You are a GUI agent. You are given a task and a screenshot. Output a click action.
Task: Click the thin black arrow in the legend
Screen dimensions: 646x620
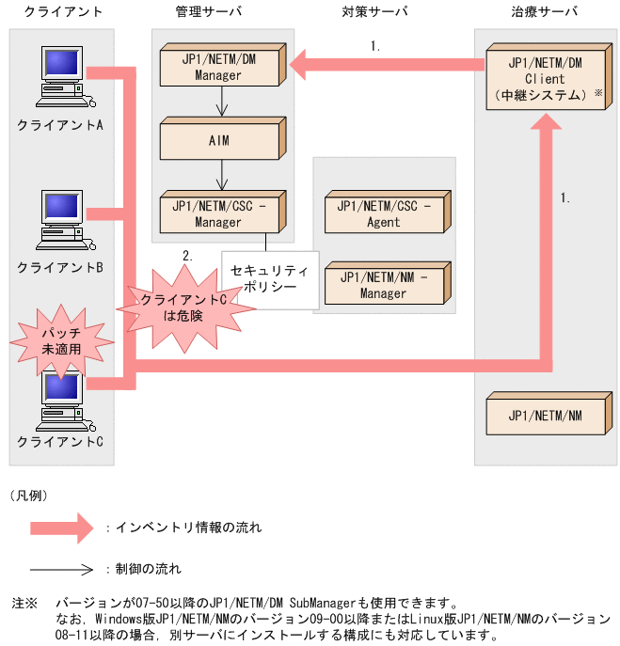click(x=62, y=569)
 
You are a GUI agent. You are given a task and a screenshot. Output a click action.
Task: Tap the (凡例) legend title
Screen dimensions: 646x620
click(x=30, y=494)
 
